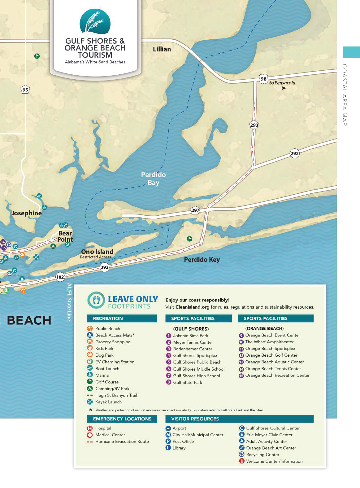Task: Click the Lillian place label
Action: (162, 49)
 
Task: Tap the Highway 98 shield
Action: (263, 79)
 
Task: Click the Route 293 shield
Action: (254, 125)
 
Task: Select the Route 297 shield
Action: (195, 210)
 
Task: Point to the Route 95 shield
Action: (25, 90)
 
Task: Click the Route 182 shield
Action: (60, 277)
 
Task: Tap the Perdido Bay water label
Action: (154, 178)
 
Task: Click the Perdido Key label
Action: (202, 260)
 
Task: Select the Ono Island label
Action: (97, 252)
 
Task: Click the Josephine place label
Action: (26, 213)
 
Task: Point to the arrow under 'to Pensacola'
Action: (281, 88)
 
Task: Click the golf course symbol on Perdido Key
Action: (189, 239)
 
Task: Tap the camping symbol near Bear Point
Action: (53, 246)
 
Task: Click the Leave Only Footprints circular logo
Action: (96, 300)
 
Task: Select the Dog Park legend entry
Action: (104, 355)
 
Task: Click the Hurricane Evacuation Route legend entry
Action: (122, 442)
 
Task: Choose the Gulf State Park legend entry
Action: (187, 382)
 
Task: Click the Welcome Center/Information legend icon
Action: (242, 461)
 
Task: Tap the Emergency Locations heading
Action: (122, 419)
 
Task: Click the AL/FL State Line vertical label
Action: (69, 302)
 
